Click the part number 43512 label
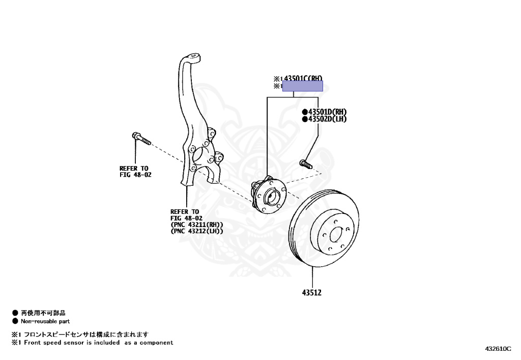311,293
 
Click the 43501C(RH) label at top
303,78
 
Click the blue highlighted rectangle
303,86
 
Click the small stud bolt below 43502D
305,164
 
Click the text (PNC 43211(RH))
197,225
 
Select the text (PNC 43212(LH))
197,231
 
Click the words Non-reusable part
45,321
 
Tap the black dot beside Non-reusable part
15,321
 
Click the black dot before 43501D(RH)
304,112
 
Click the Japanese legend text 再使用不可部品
43,313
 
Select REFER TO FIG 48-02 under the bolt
135,171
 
